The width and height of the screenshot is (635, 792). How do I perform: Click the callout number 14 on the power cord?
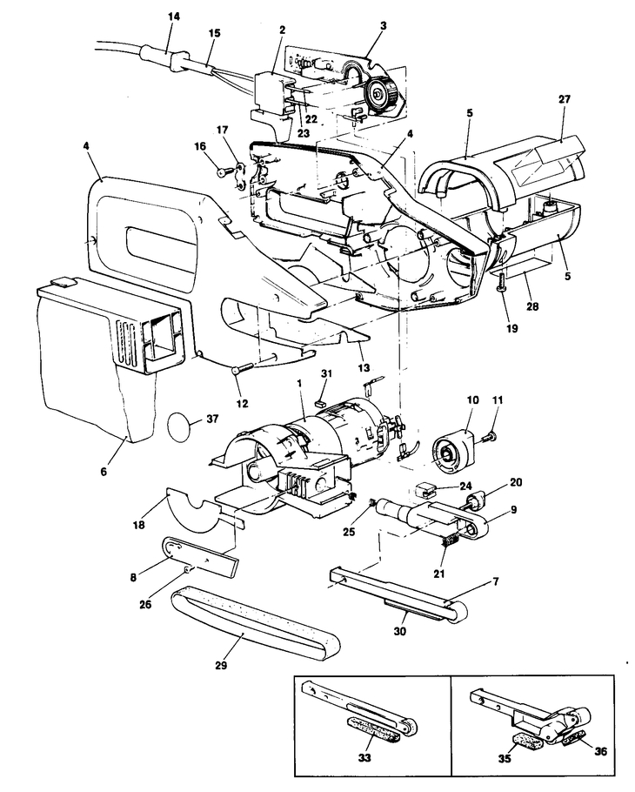pos(174,17)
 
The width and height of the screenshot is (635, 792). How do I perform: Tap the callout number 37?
pos(212,419)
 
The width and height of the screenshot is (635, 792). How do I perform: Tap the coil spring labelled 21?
pos(449,543)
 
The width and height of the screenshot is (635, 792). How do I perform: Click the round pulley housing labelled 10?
pos(453,451)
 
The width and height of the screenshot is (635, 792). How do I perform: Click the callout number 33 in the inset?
pos(364,758)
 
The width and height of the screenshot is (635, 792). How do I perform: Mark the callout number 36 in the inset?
pos(601,752)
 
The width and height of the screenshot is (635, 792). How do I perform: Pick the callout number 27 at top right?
pos(565,99)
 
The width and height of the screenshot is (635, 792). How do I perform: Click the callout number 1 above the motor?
pos(299,383)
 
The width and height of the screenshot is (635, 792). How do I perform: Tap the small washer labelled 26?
pos(187,569)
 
